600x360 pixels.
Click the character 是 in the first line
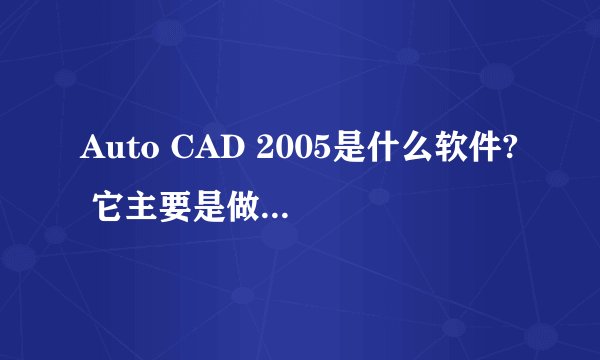coord(346,151)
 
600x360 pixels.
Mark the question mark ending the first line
coord(511,151)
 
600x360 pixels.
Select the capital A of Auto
coord(91,151)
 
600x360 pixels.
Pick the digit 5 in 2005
coord(318,151)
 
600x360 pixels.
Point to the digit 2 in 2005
coord(264,151)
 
